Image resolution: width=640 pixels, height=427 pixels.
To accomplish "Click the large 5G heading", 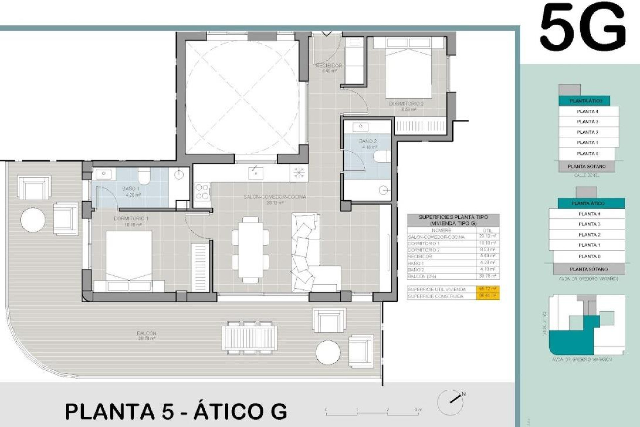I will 583,27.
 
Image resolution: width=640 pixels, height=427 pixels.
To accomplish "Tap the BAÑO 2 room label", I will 368,141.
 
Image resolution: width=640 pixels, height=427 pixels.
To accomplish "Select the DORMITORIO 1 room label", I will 131,219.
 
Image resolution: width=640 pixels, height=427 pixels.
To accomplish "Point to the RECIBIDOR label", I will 329,66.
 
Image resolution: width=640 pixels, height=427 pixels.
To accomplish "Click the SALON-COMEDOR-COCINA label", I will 275,197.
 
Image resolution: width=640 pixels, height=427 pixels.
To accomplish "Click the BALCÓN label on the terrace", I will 146,333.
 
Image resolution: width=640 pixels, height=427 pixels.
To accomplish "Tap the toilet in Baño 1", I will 144,176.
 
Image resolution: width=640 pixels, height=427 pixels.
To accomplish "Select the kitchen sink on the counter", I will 256,173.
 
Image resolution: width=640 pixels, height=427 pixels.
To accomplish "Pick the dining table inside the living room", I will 250,250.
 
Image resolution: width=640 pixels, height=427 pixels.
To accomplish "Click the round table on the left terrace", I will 33,220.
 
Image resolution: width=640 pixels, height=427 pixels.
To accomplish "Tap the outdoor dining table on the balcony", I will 249,338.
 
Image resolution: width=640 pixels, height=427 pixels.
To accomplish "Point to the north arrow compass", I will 451,402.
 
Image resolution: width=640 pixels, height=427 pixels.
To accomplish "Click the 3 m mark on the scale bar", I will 418,410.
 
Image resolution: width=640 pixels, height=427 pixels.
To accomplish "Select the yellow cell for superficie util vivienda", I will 487,289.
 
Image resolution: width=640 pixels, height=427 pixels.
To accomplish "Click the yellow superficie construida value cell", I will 487,296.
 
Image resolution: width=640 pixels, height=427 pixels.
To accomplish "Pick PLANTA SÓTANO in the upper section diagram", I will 587,166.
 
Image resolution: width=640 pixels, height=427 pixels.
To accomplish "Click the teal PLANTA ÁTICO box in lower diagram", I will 588,203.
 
